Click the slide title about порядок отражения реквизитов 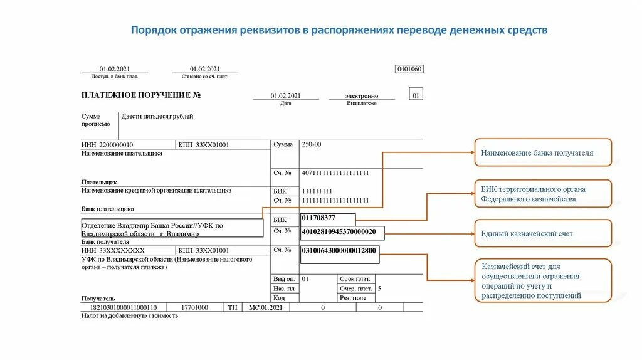click(339, 30)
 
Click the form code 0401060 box click(409, 69)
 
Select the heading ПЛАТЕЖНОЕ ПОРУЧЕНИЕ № click(140, 95)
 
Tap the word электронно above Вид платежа click(362, 96)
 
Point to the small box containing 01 click(416, 95)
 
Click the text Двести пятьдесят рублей click(157, 117)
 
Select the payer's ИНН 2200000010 click(107, 145)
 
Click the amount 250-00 click(312, 144)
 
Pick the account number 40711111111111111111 click(335, 172)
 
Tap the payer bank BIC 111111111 click(317, 191)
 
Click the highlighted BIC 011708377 click(318, 218)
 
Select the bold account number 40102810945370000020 click(339, 231)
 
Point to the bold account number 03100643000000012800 click(339, 250)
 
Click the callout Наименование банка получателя click(542, 152)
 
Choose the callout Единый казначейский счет click(542, 233)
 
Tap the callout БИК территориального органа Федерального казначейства click(542, 194)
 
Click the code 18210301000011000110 click(119, 307)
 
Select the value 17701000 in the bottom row click(194, 307)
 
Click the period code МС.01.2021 click(266, 307)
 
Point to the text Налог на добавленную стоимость click(130, 316)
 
